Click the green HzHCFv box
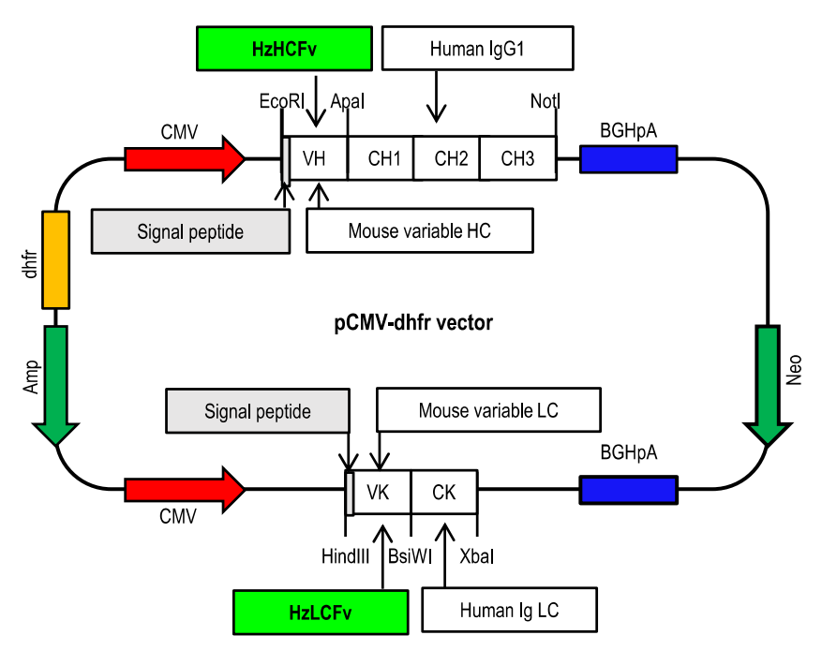tap(284, 48)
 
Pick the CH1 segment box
tap(381, 157)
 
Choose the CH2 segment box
tap(448, 157)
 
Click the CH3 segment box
tap(517, 157)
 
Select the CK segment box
tap(443, 492)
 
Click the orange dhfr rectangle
tap(56, 259)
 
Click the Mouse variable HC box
tap(419, 230)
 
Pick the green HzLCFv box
tap(321, 612)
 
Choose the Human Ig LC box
tap(509, 611)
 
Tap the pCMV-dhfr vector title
tap(413, 323)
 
